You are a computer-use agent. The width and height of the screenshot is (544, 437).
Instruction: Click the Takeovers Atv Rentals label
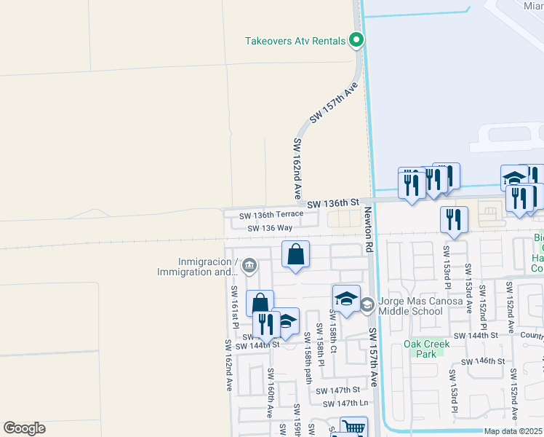coord(295,41)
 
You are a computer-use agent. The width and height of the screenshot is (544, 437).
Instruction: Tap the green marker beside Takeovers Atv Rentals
coord(356,40)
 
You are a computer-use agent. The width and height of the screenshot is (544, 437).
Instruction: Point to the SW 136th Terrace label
coord(271,215)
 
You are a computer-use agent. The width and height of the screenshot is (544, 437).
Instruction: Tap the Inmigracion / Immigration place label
coord(196,267)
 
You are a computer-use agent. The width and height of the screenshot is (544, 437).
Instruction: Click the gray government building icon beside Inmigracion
coord(249,265)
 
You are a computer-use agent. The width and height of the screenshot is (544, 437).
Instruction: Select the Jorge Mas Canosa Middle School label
coord(411,305)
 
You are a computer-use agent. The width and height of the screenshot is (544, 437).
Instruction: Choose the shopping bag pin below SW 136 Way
coord(295,255)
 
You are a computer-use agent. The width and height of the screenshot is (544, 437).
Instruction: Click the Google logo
coord(24,428)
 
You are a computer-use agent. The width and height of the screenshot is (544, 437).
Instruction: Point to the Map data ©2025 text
coord(513,431)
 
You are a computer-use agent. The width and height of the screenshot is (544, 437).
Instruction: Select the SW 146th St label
coord(483,361)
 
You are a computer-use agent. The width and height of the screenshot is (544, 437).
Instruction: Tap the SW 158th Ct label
coord(332,332)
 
